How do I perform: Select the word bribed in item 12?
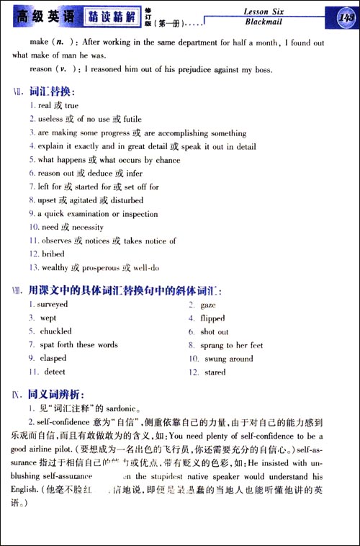pos(51,254)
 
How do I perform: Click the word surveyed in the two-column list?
pos(53,305)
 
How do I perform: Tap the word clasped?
pos(52,359)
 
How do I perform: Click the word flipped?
pos(212,318)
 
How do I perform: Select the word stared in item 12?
pos(214,372)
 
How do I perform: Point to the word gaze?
pos(208,305)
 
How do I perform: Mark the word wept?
pos(48,318)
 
